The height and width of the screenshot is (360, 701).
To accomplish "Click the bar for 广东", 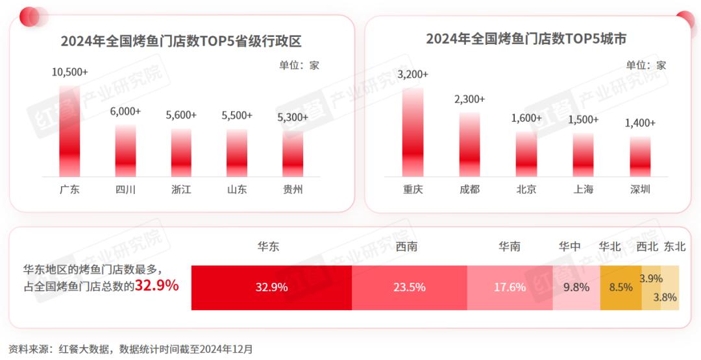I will point(69,130).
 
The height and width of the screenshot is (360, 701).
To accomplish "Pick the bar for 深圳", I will point(640,156).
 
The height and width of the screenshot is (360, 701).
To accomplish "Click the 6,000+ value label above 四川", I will point(125,112).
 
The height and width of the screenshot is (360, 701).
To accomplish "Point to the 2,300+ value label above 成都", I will point(469,99).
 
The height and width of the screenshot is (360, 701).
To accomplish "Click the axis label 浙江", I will point(181,189).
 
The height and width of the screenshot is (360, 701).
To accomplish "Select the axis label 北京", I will point(526,189).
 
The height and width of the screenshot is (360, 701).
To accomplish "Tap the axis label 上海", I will point(583,189).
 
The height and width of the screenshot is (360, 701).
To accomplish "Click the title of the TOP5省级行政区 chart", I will point(181,42).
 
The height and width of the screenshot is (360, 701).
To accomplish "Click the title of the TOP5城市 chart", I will point(526,39).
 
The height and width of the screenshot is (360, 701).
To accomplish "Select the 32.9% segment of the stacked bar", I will point(271,287).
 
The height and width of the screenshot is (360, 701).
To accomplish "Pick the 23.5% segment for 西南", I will point(409,287).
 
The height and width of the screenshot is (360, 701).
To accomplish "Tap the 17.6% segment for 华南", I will point(510,287).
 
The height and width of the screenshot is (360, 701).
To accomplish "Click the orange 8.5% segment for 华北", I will point(621,287).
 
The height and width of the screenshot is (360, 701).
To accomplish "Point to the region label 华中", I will point(570,246).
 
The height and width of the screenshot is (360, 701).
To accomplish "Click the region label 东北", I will point(674,246).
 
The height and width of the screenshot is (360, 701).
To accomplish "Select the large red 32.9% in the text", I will point(156,285).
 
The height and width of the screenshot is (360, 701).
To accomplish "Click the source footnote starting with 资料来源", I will point(130,349).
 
